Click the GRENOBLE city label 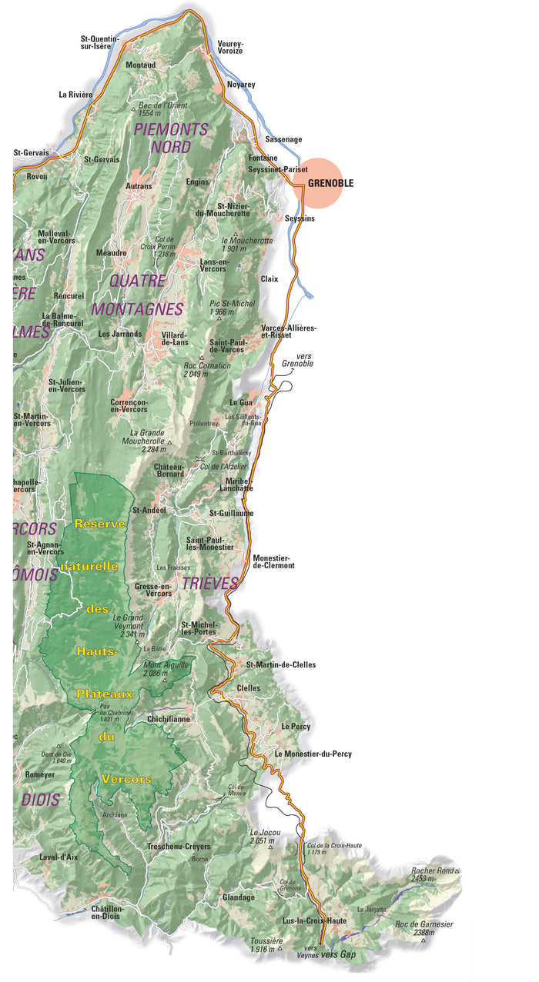pos(330,184)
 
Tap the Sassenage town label pos(283,139)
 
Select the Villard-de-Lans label pos(175,338)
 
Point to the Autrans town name pos(139,186)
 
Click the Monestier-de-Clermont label pos(273,561)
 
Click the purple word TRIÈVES pos(209,584)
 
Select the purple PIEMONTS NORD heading pos(171,138)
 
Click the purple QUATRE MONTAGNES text pos(137,295)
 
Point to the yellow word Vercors pos(126,779)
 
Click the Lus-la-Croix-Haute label pos(314,920)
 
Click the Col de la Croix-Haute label pos(334,849)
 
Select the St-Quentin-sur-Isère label pos(100,42)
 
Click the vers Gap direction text pos(339,954)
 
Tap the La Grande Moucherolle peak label pos(147,438)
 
